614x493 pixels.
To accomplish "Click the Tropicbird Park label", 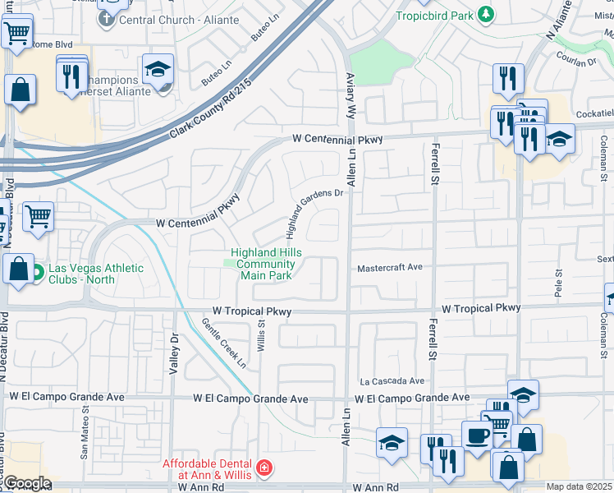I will click(x=435, y=15).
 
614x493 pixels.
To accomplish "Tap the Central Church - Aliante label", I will click(x=179, y=20).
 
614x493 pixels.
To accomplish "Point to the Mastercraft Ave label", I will click(x=389, y=267).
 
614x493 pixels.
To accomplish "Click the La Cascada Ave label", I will click(x=392, y=381).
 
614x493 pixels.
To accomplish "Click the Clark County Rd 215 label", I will click(x=211, y=110).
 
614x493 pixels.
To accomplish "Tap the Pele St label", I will click(x=558, y=283).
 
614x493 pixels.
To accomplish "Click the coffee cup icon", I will click(x=476, y=436).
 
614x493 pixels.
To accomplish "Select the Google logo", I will click(x=27, y=484).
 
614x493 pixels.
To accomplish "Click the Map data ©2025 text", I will click(x=579, y=486).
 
